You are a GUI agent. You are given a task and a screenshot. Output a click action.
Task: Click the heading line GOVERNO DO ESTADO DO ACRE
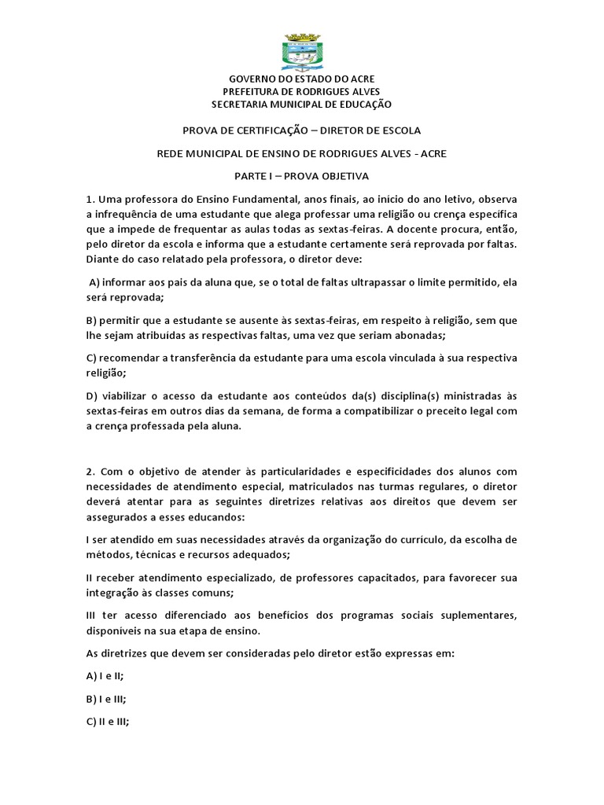tap(301, 79)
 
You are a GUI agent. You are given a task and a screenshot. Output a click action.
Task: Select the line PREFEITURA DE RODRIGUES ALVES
tap(301, 92)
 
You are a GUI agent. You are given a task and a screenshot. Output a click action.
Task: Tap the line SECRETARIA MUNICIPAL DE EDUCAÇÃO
tap(301, 105)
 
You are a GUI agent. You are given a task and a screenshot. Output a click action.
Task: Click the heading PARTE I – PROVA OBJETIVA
tap(301, 176)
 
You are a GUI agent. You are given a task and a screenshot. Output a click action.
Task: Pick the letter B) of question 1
tap(92, 321)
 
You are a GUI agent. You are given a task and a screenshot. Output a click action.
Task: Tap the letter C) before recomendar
tap(92, 358)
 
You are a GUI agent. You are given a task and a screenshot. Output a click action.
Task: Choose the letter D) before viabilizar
tap(93, 396)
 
